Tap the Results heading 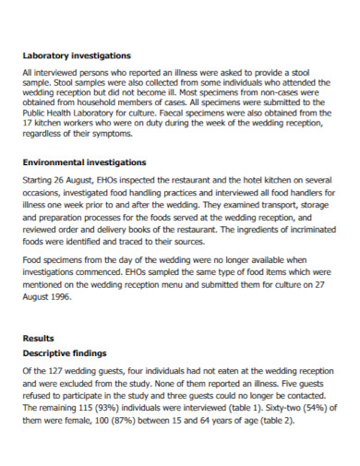38,339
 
